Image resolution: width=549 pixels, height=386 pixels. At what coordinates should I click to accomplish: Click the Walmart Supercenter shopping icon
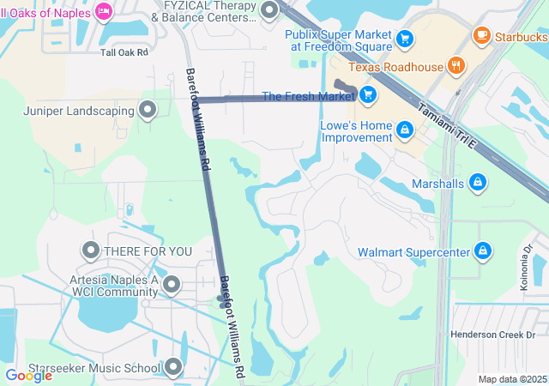[x=483, y=250]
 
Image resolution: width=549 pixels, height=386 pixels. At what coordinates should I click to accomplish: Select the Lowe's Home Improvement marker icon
[x=404, y=130]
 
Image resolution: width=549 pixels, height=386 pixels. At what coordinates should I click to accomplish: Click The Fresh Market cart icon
[x=368, y=94]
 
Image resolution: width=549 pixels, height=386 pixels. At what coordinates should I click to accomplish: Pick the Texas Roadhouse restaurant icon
[x=455, y=65]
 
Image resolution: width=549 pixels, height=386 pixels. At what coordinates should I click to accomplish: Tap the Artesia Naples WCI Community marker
[x=172, y=283]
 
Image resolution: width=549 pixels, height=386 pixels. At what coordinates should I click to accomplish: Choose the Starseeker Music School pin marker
[x=173, y=368]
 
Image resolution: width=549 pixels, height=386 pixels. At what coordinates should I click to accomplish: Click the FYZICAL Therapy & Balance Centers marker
[x=269, y=10]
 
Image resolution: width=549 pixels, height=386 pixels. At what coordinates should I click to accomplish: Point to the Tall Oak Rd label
[x=124, y=52]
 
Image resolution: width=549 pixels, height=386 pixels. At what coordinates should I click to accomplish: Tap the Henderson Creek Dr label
[x=493, y=335]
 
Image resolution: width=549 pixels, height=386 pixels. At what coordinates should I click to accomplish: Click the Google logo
[x=28, y=375]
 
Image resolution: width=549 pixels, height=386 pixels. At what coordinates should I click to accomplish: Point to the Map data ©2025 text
[x=511, y=379]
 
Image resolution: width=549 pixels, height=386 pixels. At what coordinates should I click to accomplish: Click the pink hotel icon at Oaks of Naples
[x=104, y=10]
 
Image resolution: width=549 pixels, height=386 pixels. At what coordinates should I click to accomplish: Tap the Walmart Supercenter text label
[x=413, y=251]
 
